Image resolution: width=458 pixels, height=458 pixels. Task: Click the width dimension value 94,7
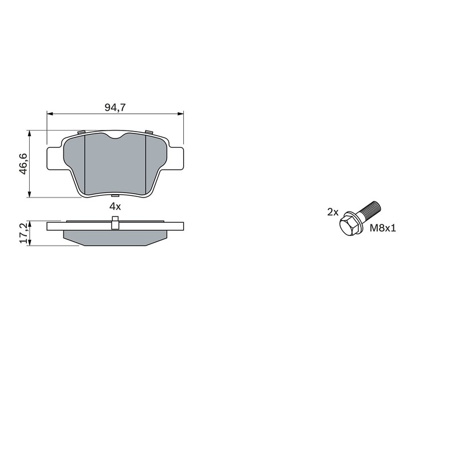click(x=115, y=106)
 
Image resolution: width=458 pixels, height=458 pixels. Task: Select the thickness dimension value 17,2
click(x=23, y=234)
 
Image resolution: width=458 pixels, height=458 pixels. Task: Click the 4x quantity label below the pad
click(x=115, y=206)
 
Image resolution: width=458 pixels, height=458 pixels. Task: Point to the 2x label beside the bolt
click(x=333, y=212)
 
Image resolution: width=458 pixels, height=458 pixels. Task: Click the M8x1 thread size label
click(x=383, y=228)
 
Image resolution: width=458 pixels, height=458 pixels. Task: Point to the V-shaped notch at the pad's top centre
click(x=115, y=137)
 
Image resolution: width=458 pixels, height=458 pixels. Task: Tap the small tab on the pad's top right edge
click(x=149, y=133)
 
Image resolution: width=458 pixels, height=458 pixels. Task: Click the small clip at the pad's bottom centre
click(x=115, y=197)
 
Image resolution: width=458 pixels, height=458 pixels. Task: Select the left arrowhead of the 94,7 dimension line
click(x=49, y=114)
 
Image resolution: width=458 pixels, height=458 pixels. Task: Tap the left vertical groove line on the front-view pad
click(x=85, y=166)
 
